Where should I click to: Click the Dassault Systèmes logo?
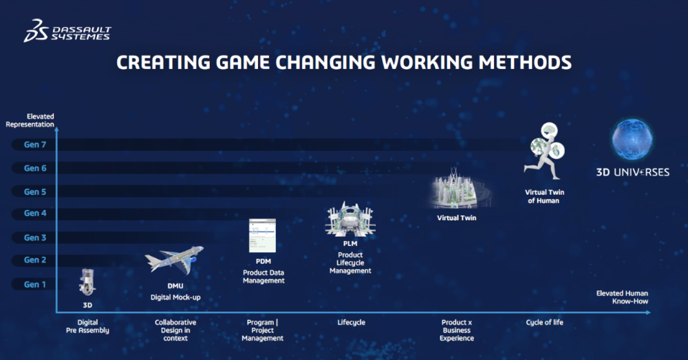[x=67, y=31]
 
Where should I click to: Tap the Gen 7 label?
[x=34, y=145]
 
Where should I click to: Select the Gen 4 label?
[x=34, y=213]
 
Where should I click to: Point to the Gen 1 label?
[x=34, y=284]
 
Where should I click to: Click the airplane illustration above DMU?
[x=174, y=260]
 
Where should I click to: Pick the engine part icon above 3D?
[x=87, y=282]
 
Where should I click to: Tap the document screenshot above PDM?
[x=262, y=235]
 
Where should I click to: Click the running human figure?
[x=544, y=151]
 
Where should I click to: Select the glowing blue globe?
[x=632, y=140]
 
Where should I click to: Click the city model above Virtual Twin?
[x=457, y=189]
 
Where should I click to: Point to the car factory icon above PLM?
[x=350, y=219]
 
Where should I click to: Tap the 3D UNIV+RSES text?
[x=633, y=172]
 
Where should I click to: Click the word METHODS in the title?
[x=525, y=63]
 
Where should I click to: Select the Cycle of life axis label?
[x=544, y=322]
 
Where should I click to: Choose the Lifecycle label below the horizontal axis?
[x=351, y=322]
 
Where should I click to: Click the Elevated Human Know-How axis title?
[x=622, y=297]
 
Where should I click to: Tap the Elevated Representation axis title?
[x=30, y=120]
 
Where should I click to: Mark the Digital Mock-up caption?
[x=175, y=297]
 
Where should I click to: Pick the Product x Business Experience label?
[x=457, y=330]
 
